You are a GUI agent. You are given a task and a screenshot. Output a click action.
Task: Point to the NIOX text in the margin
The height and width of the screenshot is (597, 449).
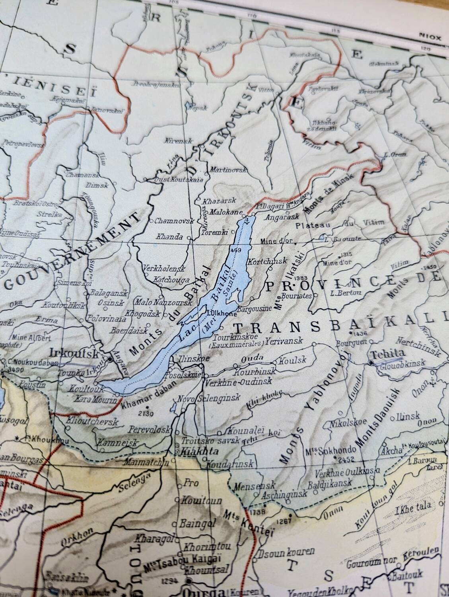coord(430,38)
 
